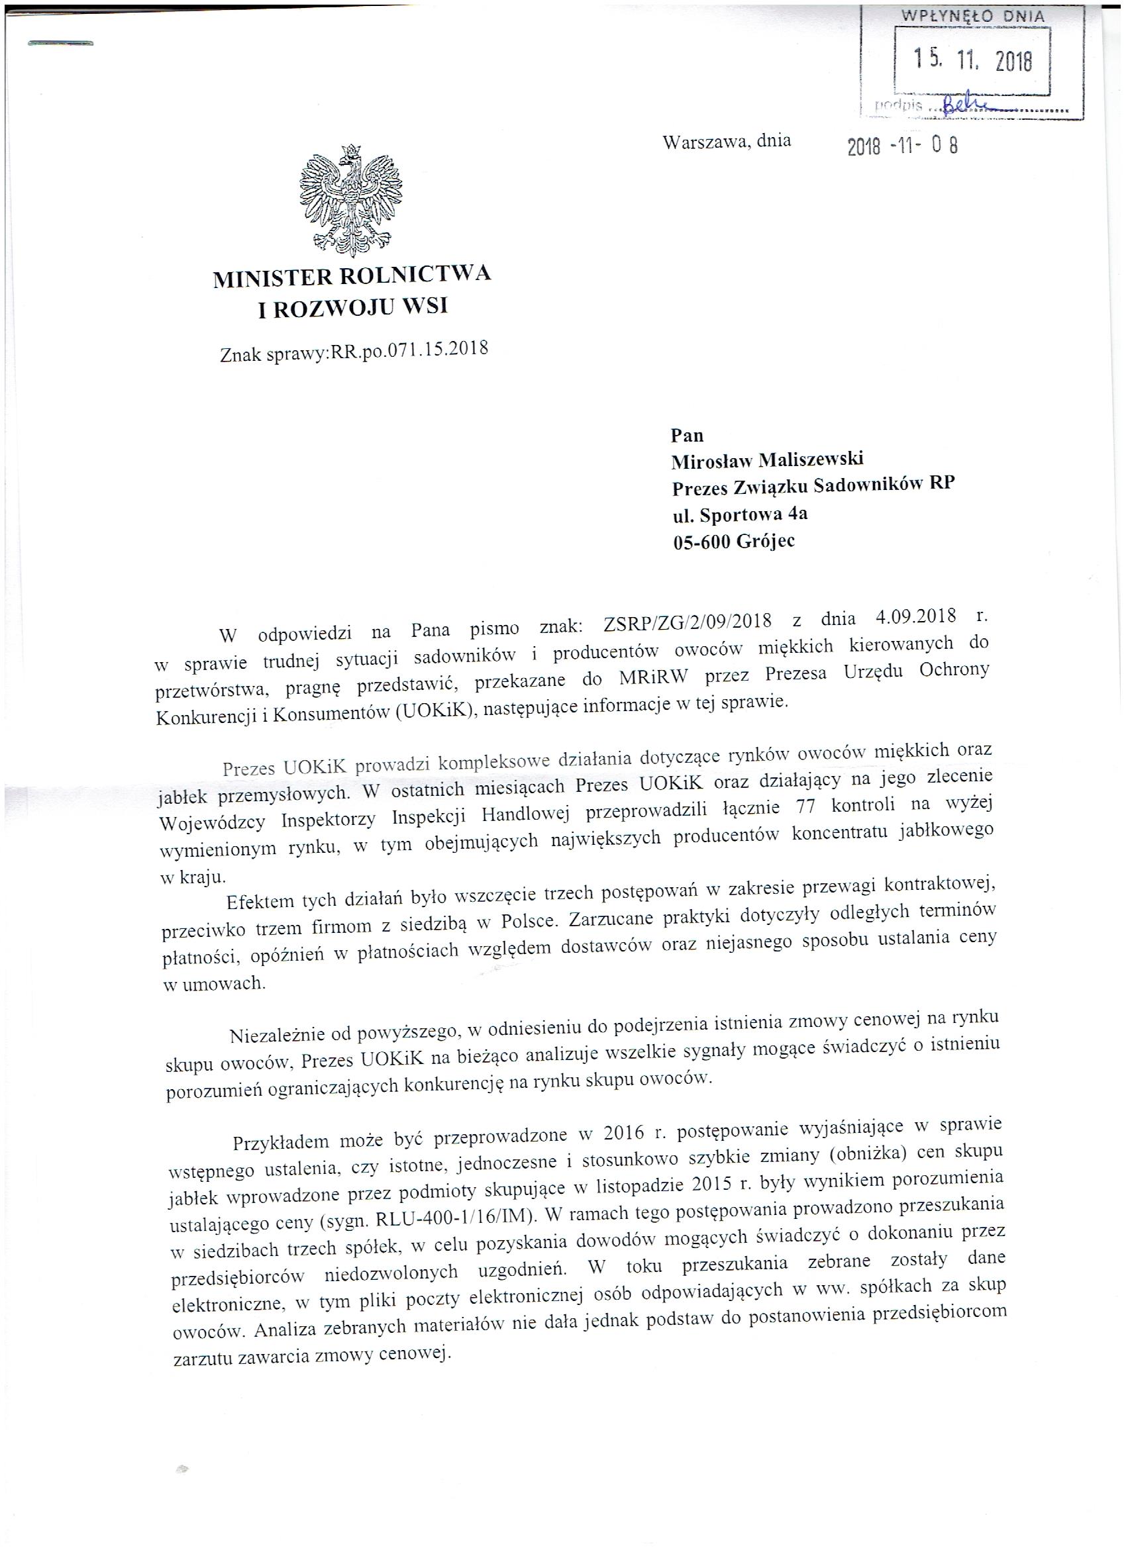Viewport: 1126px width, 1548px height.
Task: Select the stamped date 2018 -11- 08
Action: tap(902, 146)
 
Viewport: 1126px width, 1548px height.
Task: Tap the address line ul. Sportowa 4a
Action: tap(739, 513)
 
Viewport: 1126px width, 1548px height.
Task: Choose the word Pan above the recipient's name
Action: tap(687, 436)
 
